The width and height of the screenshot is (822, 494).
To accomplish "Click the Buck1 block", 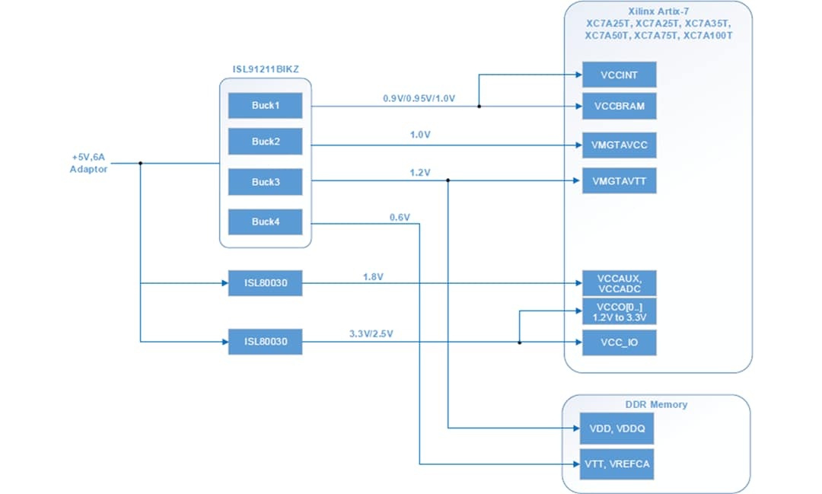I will pyautogui.click(x=265, y=106).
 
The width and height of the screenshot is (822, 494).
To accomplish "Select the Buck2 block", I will pyautogui.click(x=265, y=142).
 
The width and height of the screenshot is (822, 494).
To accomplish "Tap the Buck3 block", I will pyautogui.click(x=265, y=182).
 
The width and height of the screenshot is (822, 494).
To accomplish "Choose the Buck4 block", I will pyautogui.click(x=265, y=222).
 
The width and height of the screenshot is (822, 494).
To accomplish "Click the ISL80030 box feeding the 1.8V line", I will pyautogui.click(x=265, y=284).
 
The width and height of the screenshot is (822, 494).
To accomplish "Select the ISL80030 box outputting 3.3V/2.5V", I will pyautogui.click(x=265, y=342).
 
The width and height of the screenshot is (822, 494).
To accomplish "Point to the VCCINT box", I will pyautogui.click(x=618, y=75).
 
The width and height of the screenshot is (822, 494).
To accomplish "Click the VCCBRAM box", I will pyautogui.click(x=618, y=106).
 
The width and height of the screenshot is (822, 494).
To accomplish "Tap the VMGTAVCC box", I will pyautogui.click(x=618, y=144).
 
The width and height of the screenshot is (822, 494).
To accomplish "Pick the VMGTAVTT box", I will pyautogui.click(x=618, y=180).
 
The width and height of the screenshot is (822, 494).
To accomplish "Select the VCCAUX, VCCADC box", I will pyautogui.click(x=618, y=283).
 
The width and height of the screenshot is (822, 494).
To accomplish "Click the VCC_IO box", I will pyautogui.click(x=618, y=343).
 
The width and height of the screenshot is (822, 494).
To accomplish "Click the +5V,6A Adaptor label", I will pyautogui.click(x=88, y=163).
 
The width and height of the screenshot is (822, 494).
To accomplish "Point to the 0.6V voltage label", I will pyautogui.click(x=400, y=217).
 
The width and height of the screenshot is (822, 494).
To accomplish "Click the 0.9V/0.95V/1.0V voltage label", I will pyautogui.click(x=419, y=99).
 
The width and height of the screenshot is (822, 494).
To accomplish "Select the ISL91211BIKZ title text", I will pyautogui.click(x=266, y=69).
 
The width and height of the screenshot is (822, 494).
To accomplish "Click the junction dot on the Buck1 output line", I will pyautogui.click(x=479, y=107).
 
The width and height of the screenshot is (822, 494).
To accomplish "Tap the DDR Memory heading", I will pyautogui.click(x=657, y=404).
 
